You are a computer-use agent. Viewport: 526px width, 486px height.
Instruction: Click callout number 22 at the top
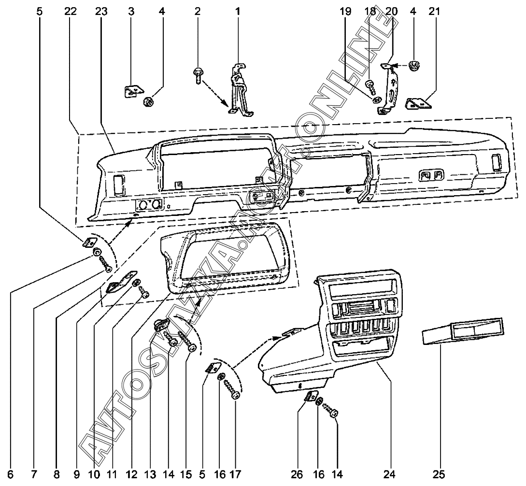71,11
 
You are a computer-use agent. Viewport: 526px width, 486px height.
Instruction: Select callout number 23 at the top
101,11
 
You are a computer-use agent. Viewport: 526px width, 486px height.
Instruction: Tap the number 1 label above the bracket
238,11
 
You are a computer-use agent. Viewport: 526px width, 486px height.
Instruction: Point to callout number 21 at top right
435,11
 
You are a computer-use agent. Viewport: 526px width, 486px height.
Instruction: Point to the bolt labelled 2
199,75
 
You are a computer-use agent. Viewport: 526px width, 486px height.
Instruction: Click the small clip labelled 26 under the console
309,397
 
